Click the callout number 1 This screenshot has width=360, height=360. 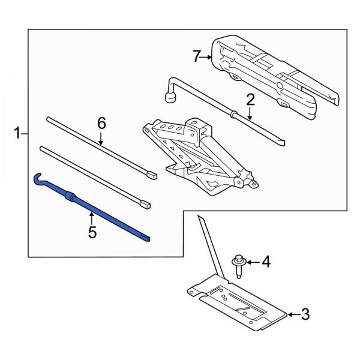[x=17, y=133]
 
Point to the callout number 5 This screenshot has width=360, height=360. [x=92, y=231]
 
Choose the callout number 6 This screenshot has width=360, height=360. [x=101, y=124]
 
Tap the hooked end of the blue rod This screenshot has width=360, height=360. [x=39, y=178]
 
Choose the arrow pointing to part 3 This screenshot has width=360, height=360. [x=292, y=313]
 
